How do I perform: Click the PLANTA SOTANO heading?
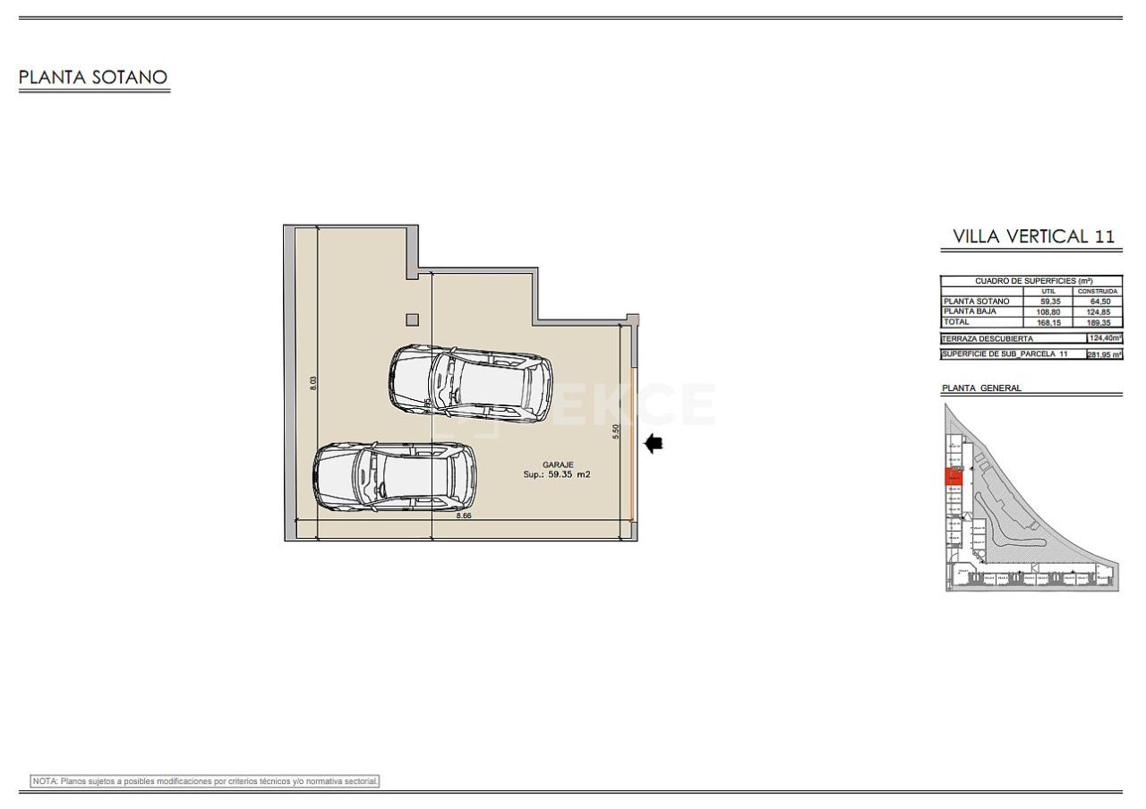(93, 78)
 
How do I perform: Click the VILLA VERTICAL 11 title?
(1033, 236)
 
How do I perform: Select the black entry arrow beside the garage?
(654, 443)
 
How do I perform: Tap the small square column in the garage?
(412, 319)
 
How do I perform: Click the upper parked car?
(470, 384)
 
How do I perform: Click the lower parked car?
(394, 477)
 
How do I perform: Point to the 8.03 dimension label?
(313, 382)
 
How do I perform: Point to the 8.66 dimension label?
(464, 516)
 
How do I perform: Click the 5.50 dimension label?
(616, 430)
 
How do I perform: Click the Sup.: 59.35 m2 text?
(557, 475)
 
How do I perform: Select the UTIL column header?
(1049, 291)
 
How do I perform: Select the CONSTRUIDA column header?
(1098, 291)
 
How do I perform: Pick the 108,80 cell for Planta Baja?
(1049, 311)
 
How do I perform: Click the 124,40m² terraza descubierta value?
(1105, 338)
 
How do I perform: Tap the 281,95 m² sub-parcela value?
(1105, 354)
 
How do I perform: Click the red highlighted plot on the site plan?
(954, 477)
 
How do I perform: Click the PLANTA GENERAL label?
(981, 388)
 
